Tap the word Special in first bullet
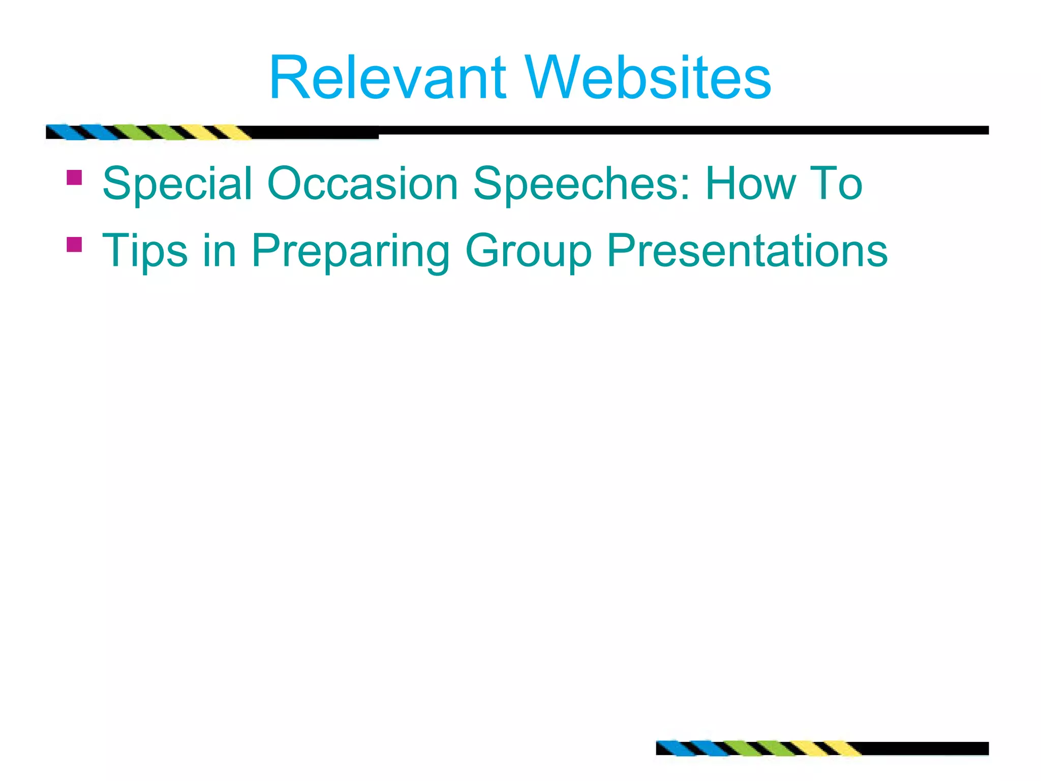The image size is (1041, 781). (x=177, y=184)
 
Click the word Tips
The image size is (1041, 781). (x=144, y=251)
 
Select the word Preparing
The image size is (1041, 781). (x=351, y=251)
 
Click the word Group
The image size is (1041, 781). (x=529, y=251)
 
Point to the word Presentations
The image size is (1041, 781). (x=747, y=250)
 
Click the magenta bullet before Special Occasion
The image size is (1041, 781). (x=74, y=177)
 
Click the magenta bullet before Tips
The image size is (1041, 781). (x=74, y=245)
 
